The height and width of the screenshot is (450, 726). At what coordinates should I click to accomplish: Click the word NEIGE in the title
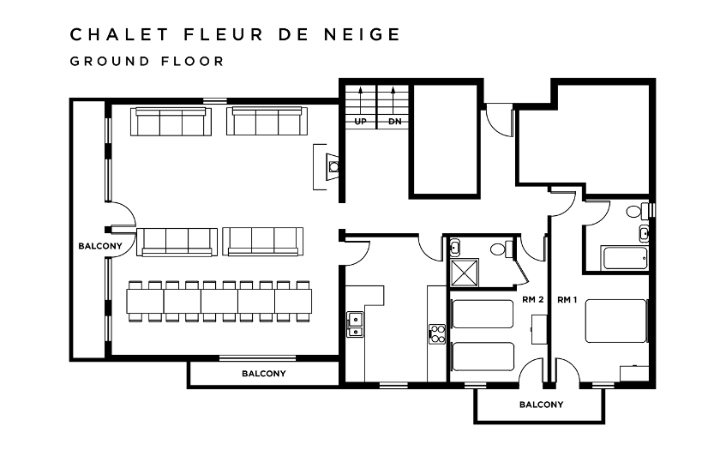362,34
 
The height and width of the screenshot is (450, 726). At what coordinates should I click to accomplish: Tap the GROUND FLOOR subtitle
147,61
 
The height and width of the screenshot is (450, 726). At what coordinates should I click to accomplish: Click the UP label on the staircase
360,122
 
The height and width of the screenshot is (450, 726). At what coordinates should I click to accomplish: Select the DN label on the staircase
395,122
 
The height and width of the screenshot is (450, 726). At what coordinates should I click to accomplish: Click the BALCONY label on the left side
100,246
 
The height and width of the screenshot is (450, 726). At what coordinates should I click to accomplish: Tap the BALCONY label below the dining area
264,373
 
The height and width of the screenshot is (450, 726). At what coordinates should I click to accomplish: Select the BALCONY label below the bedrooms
541,405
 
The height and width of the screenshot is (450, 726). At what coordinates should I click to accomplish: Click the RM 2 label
533,299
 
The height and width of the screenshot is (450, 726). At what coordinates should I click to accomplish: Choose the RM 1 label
567,299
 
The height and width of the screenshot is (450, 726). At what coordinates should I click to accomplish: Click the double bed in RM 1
616,321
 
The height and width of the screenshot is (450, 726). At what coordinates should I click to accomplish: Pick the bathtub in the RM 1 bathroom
625,258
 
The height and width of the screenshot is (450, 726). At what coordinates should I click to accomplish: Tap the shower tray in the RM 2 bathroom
465,273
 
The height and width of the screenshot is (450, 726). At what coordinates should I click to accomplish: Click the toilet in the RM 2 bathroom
501,249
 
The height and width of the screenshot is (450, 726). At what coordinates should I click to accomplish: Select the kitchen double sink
355,325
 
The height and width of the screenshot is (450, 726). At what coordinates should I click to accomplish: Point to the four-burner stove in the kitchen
437,333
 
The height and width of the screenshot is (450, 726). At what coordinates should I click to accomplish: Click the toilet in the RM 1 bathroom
638,211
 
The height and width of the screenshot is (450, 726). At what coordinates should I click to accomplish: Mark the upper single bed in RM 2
483,314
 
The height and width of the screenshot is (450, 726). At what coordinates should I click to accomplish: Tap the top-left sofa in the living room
171,122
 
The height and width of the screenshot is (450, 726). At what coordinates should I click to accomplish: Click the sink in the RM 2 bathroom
454,248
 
